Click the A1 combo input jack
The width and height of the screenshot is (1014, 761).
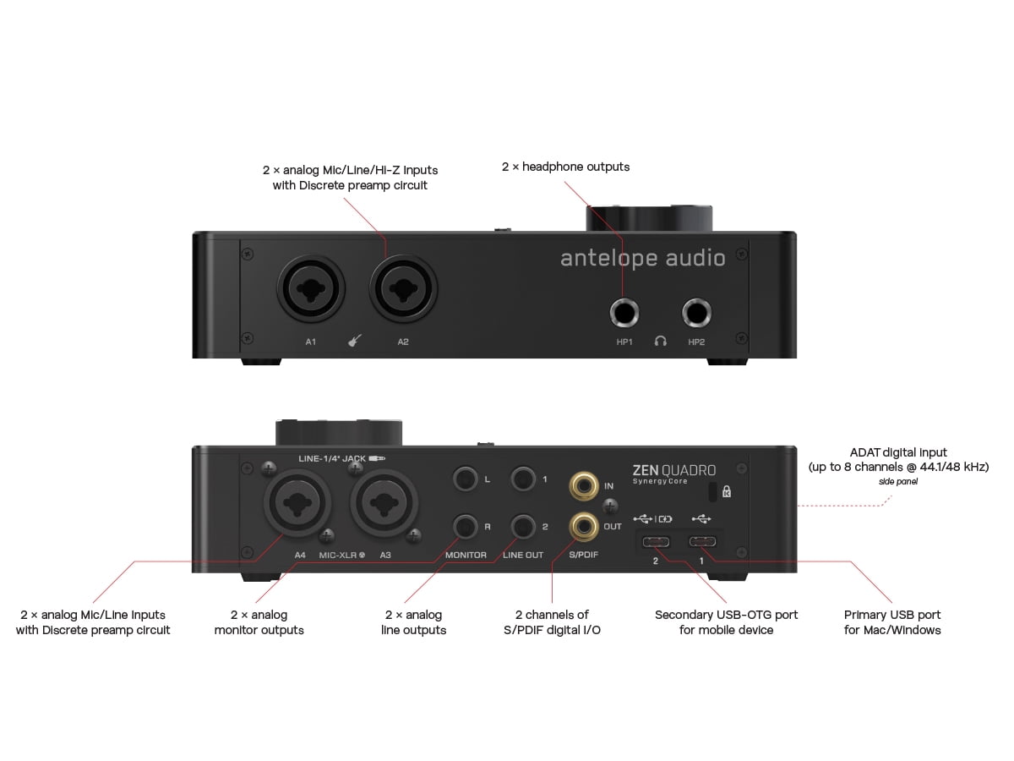click(311, 289)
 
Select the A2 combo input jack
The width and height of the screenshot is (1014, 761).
click(403, 289)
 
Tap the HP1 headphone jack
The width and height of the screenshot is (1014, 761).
click(624, 313)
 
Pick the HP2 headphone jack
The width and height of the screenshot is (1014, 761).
click(696, 313)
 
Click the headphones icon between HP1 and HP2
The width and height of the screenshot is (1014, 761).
click(661, 342)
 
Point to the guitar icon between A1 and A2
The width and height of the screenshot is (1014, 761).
click(355, 341)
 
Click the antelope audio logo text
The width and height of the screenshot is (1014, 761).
click(642, 258)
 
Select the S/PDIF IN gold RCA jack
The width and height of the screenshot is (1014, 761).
click(585, 486)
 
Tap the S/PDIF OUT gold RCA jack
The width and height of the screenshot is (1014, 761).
click(585, 526)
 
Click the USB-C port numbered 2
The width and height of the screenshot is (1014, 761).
click(656, 541)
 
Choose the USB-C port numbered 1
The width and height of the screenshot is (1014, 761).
click(702, 541)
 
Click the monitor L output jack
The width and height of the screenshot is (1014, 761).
click(465, 479)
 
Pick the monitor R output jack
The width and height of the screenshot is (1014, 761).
click(465, 527)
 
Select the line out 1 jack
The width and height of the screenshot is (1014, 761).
click(523, 479)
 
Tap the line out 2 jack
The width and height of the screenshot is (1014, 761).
click(523, 527)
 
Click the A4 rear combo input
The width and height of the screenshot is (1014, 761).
click(297, 503)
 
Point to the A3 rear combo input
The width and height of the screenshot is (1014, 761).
click(384, 503)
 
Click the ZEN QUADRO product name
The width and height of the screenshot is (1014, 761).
click(674, 470)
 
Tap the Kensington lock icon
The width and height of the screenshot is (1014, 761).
click(727, 491)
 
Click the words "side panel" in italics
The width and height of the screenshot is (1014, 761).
click(898, 481)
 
